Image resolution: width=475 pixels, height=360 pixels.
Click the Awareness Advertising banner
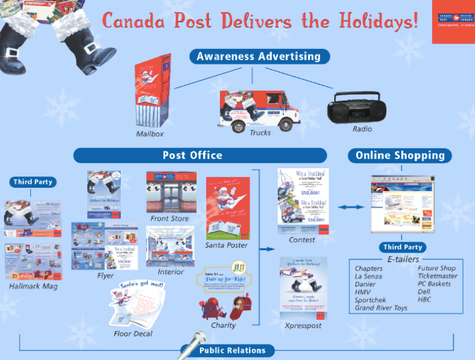coord(258,57)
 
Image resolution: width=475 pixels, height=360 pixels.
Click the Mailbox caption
coord(150,134)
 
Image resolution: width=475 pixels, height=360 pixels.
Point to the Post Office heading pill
coord(192,156)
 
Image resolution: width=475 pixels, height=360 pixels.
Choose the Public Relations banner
coord(231,350)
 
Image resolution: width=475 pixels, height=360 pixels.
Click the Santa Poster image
coord(227,208)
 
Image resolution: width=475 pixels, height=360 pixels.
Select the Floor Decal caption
coord(133,333)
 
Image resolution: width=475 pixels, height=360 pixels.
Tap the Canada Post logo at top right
coord(452,21)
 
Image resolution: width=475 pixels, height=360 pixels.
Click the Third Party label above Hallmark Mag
coord(32,182)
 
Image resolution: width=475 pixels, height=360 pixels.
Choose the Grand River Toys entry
coord(381,308)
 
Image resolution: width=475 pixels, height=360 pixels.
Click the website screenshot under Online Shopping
coord(400,204)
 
